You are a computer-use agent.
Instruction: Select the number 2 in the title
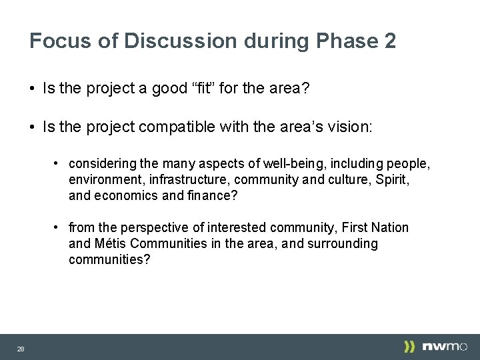pyautogui.click(x=390, y=41)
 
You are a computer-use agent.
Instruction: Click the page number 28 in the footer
pyautogui.click(x=21, y=349)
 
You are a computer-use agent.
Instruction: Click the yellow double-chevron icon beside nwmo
pyautogui.click(x=409, y=346)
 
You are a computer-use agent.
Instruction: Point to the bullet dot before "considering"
pyautogui.click(x=59, y=163)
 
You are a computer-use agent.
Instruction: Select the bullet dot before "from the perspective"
pyautogui.click(x=59, y=227)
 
